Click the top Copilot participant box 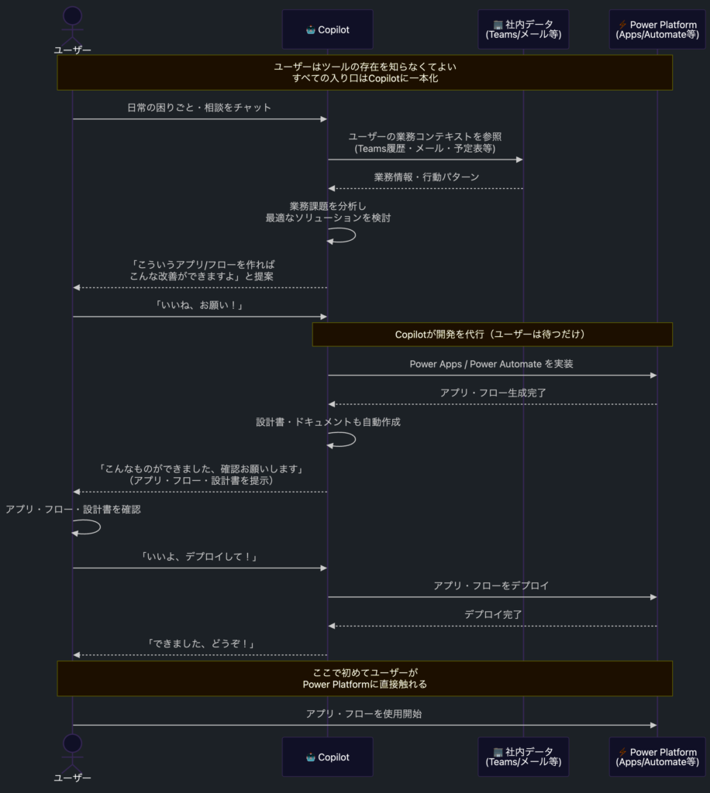[x=327, y=29]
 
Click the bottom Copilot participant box [x=327, y=757]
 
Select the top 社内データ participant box [x=523, y=29]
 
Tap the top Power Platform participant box [x=657, y=29]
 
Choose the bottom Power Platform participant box [x=657, y=757]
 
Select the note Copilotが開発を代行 [x=492, y=335]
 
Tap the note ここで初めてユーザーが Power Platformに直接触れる [x=364, y=678]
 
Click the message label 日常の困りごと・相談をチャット [x=199, y=108]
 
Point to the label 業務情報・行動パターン [x=426, y=177]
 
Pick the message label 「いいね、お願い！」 [x=199, y=305]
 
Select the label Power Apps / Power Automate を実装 [x=491, y=363]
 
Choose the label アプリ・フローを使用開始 [x=364, y=713]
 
